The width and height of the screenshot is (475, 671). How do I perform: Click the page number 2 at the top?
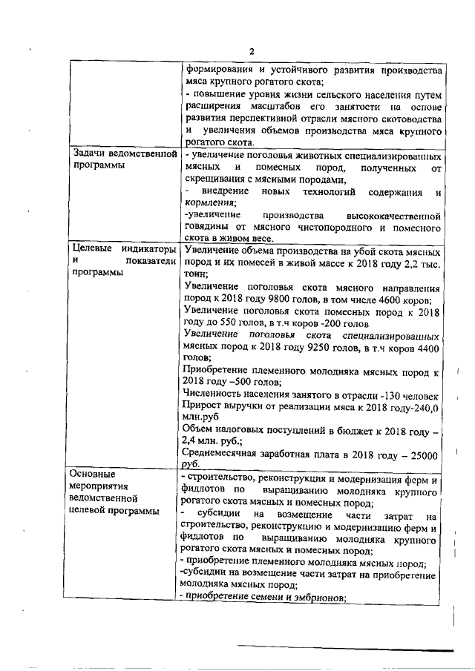click(252, 51)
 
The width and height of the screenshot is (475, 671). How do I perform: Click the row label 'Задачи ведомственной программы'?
click(122, 160)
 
